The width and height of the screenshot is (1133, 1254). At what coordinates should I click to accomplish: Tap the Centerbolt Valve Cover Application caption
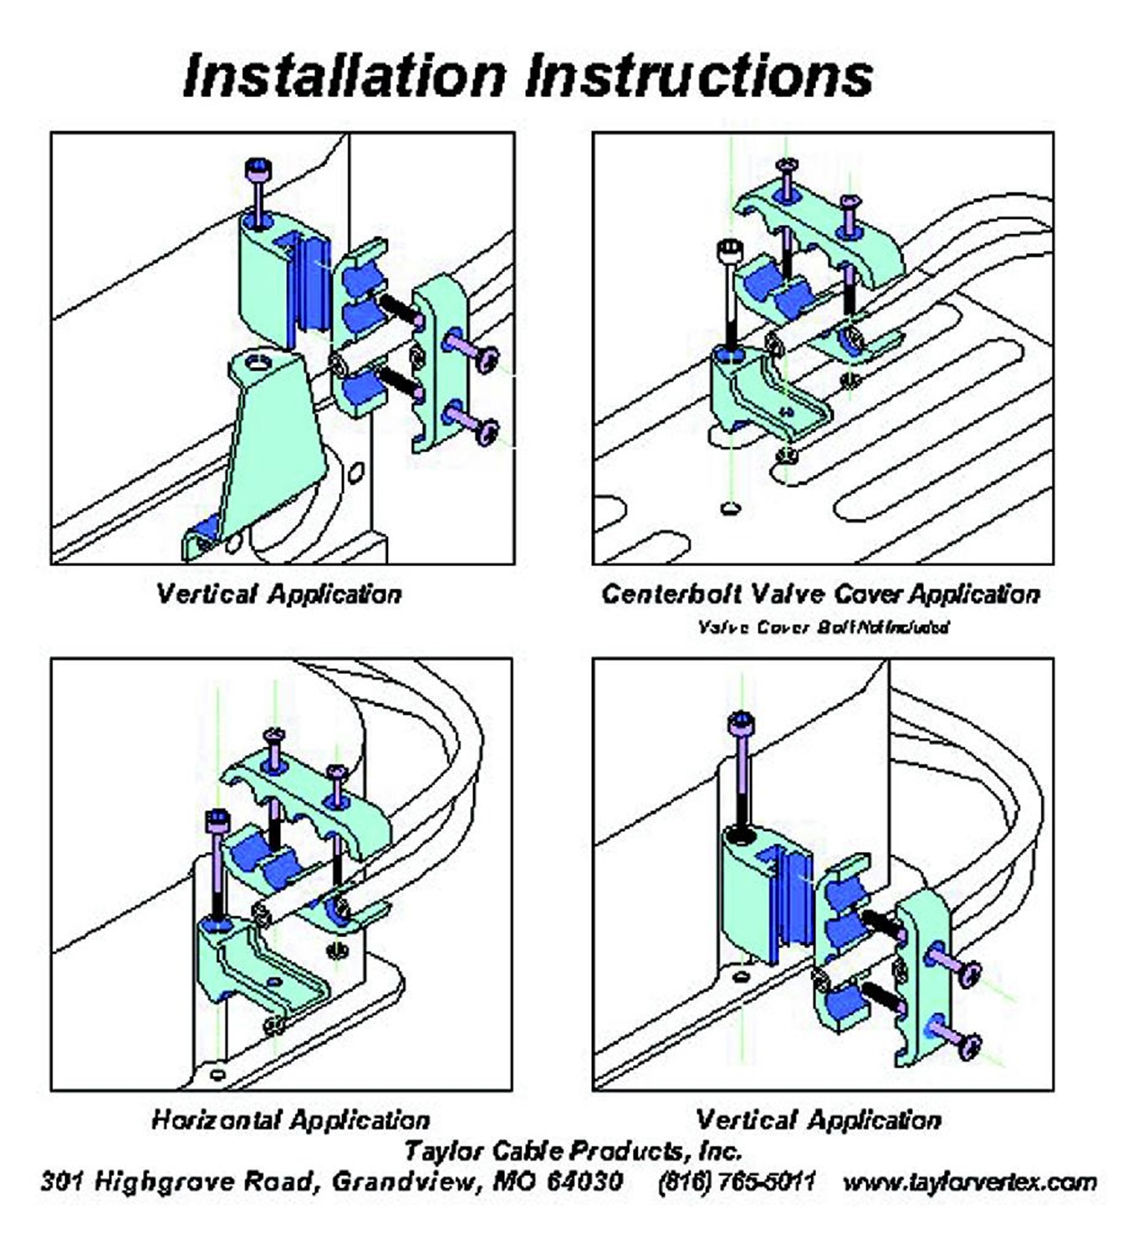pyautogui.click(x=820, y=594)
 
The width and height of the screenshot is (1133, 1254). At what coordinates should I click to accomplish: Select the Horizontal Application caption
pyautogui.click(x=290, y=1119)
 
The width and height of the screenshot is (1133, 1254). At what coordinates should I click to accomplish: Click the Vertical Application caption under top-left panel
pyautogui.click(x=278, y=594)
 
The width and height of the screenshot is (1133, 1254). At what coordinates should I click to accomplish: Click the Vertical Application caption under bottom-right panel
pyautogui.click(x=818, y=1119)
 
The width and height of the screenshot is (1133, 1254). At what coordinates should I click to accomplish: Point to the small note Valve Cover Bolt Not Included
pyautogui.click(x=823, y=626)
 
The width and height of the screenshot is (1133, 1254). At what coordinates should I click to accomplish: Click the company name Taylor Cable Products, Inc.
pyautogui.click(x=573, y=1150)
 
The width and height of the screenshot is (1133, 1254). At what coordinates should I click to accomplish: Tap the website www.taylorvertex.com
pyautogui.click(x=969, y=1182)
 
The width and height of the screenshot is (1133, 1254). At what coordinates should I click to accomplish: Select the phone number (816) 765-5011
pyautogui.click(x=736, y=1182)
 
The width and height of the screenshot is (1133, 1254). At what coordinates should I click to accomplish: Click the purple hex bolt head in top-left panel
pyautogui.click(x=258, y=170)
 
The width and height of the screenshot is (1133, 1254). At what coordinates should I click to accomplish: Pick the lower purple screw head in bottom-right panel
pyautogui.click(x=970, y=1045)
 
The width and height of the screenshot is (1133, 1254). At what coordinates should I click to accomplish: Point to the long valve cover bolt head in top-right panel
pyautogui.click(x=729, y=250)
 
